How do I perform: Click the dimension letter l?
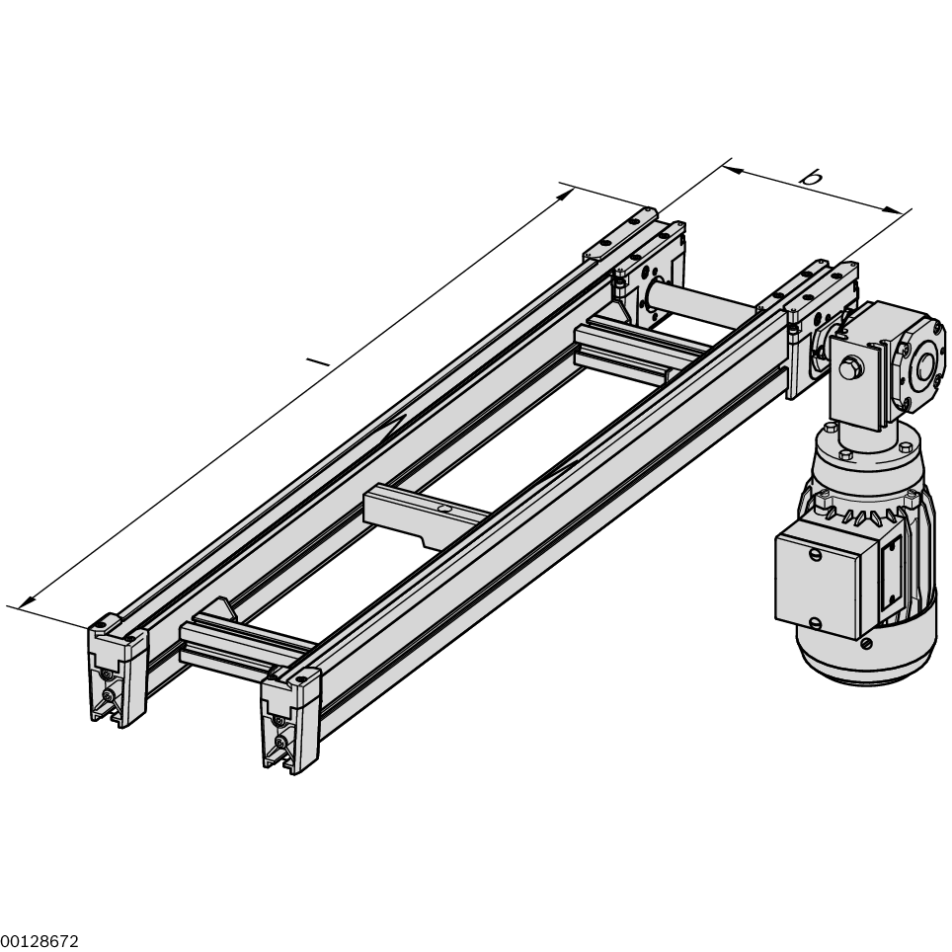[x=317, y=361]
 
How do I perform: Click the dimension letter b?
[x=811, y=178]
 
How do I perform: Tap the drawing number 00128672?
[x=40, y=942]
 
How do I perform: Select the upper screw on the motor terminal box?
[x=814, y=556]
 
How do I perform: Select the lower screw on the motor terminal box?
[x=816, y=622]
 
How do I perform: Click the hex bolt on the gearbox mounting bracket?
[x=847, y=369]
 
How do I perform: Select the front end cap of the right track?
[x=289, y=719]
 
